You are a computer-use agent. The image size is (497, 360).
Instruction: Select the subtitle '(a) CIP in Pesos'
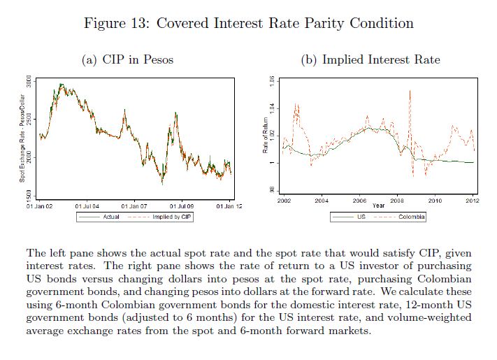[128, 59]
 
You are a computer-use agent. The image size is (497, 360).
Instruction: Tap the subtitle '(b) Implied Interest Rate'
[370, 59]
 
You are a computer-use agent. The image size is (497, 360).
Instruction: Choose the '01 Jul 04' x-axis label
[87, 207]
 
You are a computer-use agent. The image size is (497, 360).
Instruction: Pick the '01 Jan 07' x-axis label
[134, 207]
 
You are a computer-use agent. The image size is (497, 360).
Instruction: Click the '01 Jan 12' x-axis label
[229, 207]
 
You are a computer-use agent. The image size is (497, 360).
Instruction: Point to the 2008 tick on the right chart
[397, 201]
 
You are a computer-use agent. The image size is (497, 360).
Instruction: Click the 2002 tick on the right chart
[284, 201]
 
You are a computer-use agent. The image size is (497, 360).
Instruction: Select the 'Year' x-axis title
[378, 206]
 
